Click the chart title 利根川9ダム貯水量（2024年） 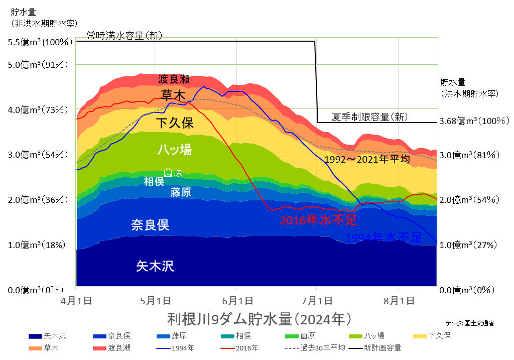point(258,319)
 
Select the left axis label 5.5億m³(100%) point(41,43)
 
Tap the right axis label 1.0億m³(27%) point(468,245)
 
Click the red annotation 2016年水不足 point(318,220)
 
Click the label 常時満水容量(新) point(124,35)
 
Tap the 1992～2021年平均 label point(367,159)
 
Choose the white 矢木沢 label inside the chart point(155,266)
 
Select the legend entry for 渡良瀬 point(114,347)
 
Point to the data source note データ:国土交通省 point(469,323)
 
